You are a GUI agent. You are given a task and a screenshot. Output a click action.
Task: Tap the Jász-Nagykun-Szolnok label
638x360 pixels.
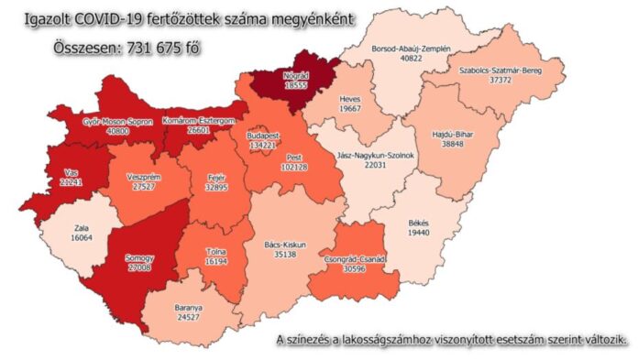pyautogui.click(x=377, y=155)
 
